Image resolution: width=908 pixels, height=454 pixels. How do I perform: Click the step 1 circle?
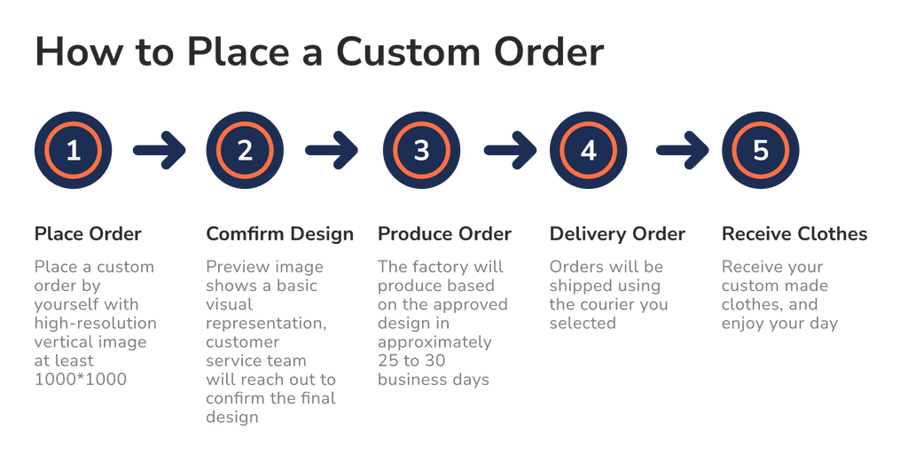[x=73, y=151]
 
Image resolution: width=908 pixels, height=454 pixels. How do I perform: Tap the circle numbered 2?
[x=245, y=151]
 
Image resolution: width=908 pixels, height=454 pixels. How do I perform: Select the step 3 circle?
[x=421, y=151]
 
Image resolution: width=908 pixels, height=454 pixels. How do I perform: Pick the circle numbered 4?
[x=588, y=151]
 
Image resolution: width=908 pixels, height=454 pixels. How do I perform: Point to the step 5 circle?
[x=760, y=151]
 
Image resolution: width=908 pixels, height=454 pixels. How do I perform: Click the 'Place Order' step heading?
[x=87, y=234]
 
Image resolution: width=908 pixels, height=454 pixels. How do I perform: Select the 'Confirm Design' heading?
[x=279, y=234]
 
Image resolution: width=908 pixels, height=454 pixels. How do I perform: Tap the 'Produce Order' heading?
[x=444, y=234]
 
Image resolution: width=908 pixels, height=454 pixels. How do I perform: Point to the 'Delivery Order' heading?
[x=617, y=234]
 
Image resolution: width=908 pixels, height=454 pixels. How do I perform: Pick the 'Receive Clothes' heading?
[x=794, y=234]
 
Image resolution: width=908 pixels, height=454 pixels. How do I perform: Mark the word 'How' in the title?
[x=74, y=53]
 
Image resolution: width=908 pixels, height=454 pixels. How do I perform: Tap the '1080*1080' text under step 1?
[x=81, y=380]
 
